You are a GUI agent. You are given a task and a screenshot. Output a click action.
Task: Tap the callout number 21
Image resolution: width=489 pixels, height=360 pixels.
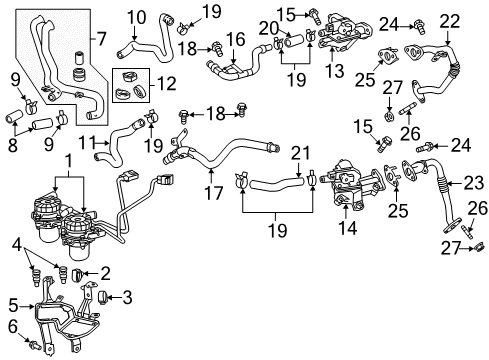pos(297,151)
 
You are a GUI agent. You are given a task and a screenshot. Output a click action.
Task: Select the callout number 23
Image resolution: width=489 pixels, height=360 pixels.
pos(470,181)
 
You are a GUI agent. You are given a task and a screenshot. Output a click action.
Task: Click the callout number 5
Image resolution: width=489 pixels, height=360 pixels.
pos(13,306)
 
